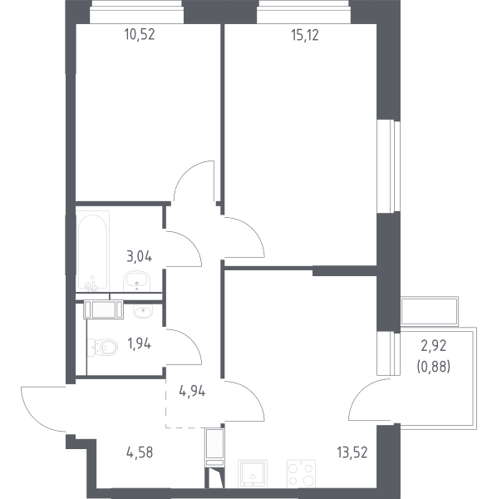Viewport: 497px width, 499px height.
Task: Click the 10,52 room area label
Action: (140, 34)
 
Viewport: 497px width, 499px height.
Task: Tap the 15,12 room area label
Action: (305, 35)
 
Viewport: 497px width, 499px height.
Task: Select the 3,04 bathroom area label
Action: (140, 256)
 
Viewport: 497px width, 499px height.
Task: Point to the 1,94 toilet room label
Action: (139, 343)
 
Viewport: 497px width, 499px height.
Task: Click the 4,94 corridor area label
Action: (192, 391)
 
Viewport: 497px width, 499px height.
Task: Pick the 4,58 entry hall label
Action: (140, 452)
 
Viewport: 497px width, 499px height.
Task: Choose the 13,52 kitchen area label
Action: (352, 452)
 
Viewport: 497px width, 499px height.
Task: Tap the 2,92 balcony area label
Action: (434, 346)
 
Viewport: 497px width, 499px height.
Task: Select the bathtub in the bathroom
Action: (92, 251)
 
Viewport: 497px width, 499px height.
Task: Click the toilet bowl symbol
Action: (103, 347)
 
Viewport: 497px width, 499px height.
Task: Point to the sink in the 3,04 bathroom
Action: (137, 281)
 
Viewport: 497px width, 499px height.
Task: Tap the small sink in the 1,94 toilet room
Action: (143, 311)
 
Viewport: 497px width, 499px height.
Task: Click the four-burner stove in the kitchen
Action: (301, 474)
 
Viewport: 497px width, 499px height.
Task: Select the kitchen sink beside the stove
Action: (253, 474)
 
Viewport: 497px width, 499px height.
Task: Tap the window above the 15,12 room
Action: (303, 12)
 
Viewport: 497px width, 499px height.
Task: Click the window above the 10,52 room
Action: (137, 12)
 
